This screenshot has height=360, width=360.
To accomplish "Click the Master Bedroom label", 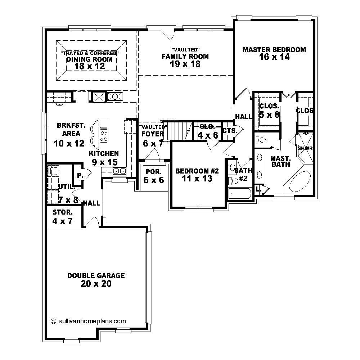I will (274, 50).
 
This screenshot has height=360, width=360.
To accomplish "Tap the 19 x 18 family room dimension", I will (185, 64).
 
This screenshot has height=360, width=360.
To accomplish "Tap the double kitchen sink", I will (119, 171).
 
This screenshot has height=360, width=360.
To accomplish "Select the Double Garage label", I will (96, 276).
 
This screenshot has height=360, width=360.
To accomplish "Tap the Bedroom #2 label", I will (197, 171).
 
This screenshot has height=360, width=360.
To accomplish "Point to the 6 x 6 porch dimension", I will (154, 180).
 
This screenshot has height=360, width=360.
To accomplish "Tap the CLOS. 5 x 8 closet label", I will (269, 111).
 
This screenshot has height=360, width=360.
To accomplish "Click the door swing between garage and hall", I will (91, 222).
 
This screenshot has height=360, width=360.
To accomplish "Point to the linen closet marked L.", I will (258, 189).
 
